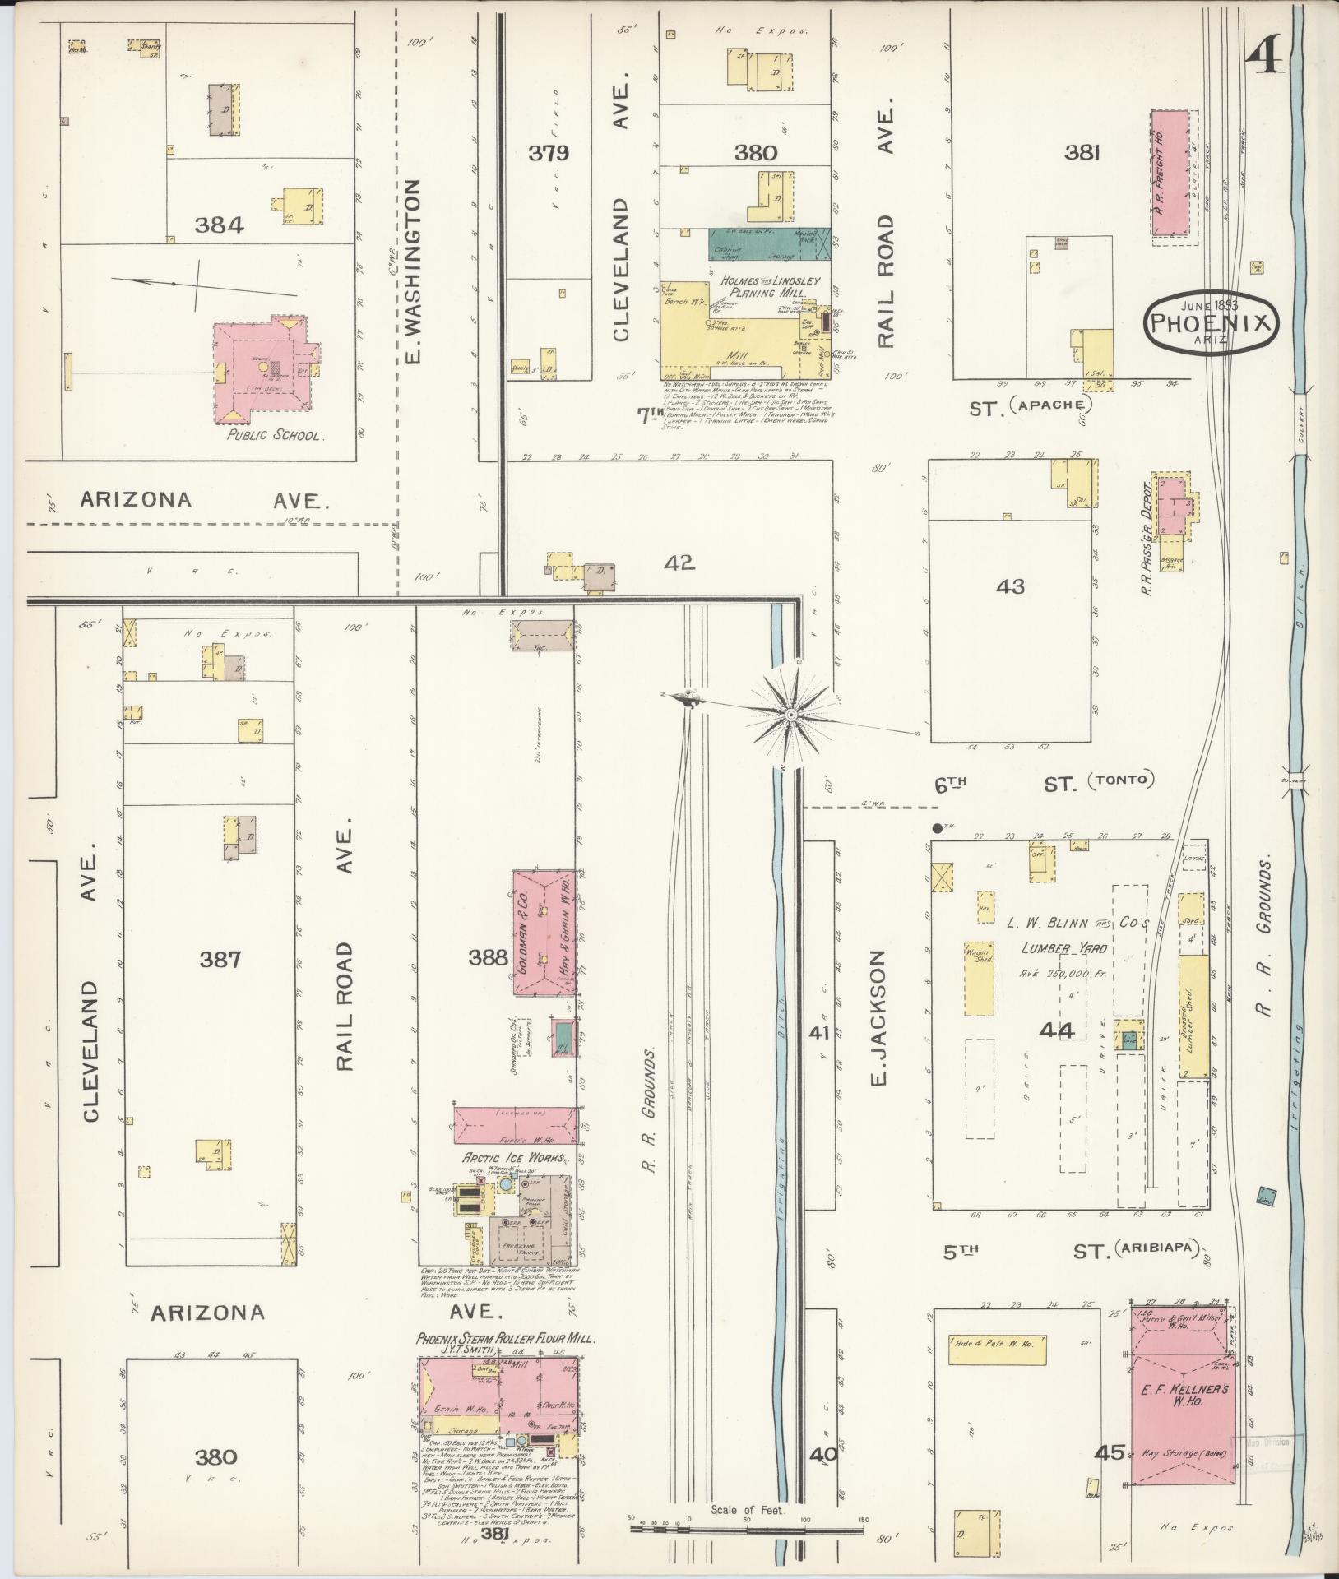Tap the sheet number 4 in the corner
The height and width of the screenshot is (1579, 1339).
tap(1265, 59)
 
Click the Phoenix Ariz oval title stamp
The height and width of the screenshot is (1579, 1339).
tap(1212, 322)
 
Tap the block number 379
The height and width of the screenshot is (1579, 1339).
tap(549, 153)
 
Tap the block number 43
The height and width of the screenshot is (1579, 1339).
tap(1010, 586)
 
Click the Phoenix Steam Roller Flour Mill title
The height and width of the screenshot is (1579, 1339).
tap(504, 1338)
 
